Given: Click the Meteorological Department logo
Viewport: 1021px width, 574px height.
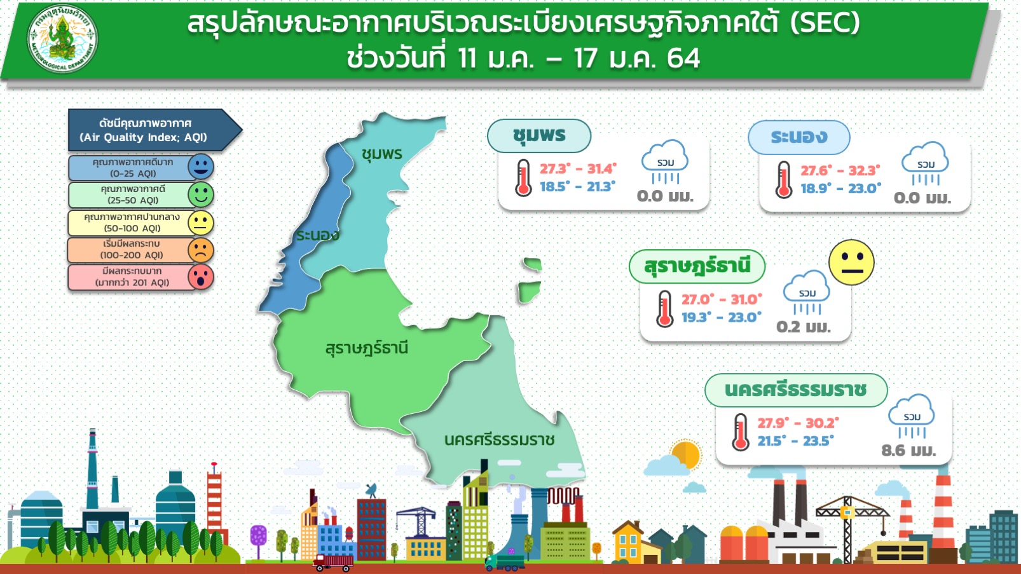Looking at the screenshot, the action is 62,38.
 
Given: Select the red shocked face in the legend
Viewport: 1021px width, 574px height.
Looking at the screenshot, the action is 200,277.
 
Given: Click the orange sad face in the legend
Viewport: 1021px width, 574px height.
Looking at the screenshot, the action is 200,250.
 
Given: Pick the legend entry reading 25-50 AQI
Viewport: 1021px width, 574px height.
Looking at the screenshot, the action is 133,195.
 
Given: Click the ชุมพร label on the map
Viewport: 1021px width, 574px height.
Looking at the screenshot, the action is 382,154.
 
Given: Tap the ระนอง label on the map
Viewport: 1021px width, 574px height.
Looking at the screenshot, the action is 318,235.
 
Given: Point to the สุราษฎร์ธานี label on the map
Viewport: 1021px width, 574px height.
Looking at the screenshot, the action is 366,348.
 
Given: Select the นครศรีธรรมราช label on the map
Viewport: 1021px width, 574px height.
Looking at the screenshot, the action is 499,440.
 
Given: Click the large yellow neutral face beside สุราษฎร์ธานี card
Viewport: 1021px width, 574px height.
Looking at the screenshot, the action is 851,263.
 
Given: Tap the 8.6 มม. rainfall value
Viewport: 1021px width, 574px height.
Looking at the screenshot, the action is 908,451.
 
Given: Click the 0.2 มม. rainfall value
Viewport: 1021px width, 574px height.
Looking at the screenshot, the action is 804,327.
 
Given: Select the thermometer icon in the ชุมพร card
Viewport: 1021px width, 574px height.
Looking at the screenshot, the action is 523,178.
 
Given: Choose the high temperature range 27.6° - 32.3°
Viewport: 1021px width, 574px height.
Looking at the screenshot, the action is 840,170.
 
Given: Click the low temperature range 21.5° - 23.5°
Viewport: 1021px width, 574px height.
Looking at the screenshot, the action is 796,441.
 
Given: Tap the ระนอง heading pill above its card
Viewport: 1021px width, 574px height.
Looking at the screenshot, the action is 799,137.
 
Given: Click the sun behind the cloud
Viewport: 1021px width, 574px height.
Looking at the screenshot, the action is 686,454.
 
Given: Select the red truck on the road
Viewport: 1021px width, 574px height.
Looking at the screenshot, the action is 332,563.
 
